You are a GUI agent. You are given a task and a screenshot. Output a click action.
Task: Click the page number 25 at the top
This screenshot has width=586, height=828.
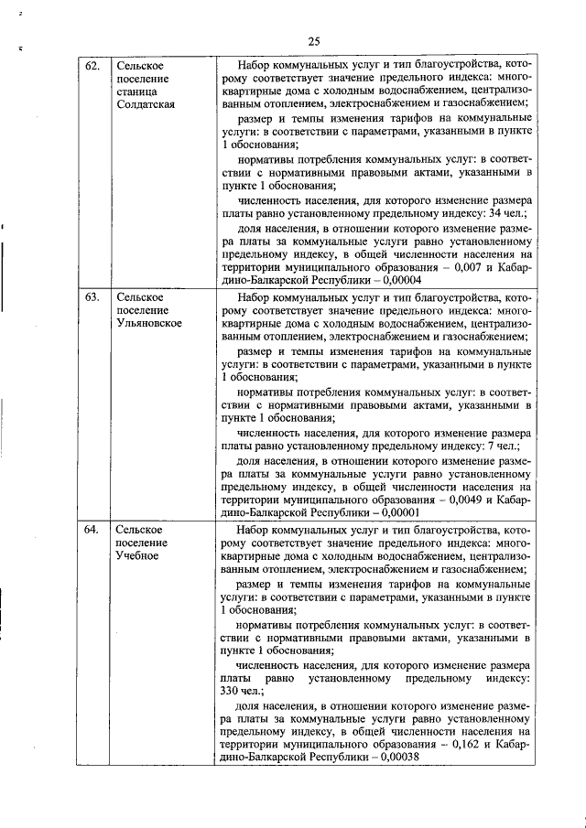click(313, 41)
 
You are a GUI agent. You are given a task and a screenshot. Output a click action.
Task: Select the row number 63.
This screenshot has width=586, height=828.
click(92, 297)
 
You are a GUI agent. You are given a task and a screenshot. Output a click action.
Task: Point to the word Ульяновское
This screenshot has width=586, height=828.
click(147, 323)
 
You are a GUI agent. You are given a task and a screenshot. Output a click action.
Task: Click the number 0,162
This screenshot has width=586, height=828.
click(462, 746)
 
